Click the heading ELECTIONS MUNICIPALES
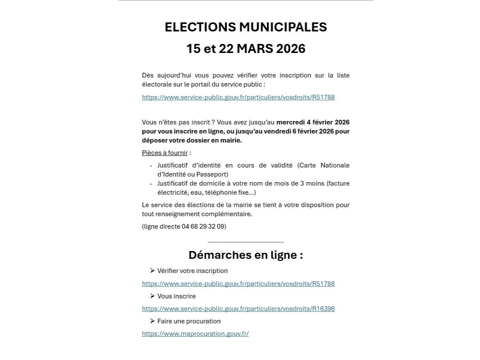pos(246,27)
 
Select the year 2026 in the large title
pos(291,49)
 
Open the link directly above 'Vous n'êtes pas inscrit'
pos(238,97)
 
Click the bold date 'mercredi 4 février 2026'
pos(313,122)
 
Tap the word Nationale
pos(334,165)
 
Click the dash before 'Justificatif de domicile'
pos(151,184)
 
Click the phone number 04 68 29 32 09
pos(203,227)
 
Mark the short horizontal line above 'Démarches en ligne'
pos(246,242)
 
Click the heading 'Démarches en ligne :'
pos(246,255)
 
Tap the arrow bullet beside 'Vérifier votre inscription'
pos(153,271)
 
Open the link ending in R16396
pos(238,309)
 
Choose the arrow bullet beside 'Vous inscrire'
pos(153,296)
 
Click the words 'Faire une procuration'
pos(189,321)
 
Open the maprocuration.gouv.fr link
pos(195,334)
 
